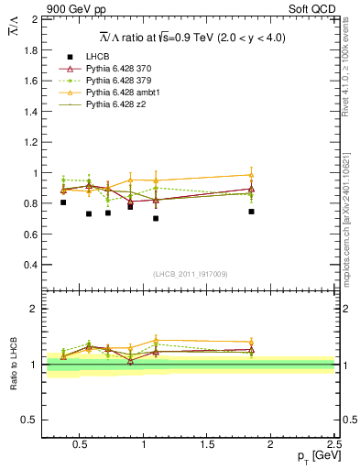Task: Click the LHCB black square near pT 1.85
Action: pos(251,212)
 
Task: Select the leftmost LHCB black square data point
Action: pos(63,202)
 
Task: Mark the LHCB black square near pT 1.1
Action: pos(156,219)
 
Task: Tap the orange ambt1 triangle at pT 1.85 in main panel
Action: pos(251,174)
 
